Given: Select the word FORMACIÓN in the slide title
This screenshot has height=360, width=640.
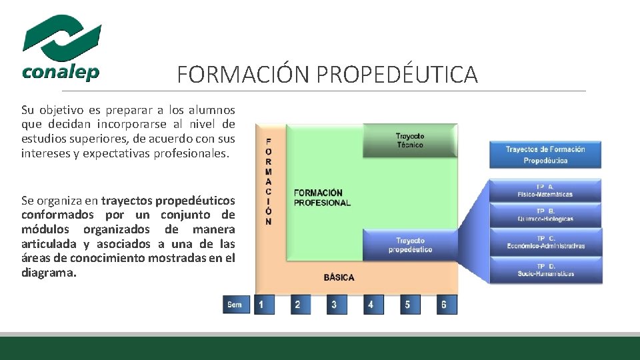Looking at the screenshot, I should pyautogui.click(x=244, y=75).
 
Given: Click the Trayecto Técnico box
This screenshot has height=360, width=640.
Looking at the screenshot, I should pyautogui.click(x=409, y=140).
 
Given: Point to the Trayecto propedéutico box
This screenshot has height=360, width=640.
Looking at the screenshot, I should pyautogui.click(x=409, y=245).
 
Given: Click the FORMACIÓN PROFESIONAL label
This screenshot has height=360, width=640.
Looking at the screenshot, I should pyautogui.click(x=322, y=198).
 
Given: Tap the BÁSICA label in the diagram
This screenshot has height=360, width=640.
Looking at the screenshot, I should pyautogui.click(x=339, y=277).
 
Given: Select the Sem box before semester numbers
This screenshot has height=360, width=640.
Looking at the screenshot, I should pyautogui.click(x=235, y=305).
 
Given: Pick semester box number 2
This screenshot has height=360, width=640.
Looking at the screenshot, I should pyautogui.click(x=297, y=305).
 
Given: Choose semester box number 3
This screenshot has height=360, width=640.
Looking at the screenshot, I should pyautogui.click(x=334, y=305).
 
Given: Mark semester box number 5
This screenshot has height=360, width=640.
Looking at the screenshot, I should pyautogui.click(x=407, y=305).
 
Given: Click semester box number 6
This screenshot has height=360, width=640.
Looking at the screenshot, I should pyautogui.click(x=444, y=305).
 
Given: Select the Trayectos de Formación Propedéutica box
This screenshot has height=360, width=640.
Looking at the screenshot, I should pyautogui.click(x=545, y=154).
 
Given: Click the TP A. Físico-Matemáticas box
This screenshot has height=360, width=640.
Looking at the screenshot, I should pyautogui.click(x=545, y=191).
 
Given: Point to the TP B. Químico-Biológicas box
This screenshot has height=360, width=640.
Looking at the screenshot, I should pyautogui.click(x=545, y=215).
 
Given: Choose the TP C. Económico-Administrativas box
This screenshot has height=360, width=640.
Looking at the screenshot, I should pyautogui.click(x=545, y=241).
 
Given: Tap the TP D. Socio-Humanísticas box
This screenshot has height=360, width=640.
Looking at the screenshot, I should pyautogui.click(x=545, y=269).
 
